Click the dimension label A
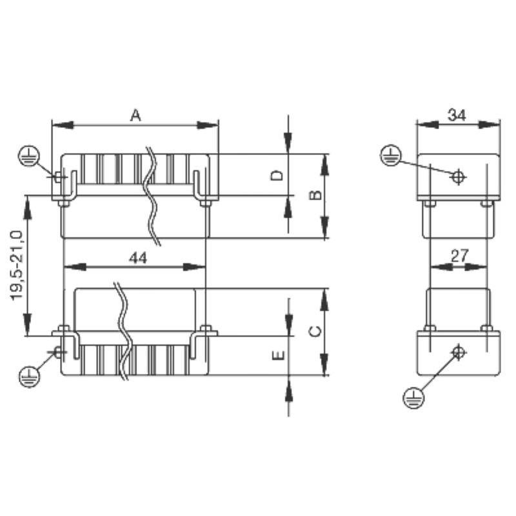tap(135, 115)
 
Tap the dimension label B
tap(315, 195)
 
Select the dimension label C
tap(315, 332)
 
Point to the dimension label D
tap(277, 175)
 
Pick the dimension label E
tap(279, 355)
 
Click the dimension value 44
tap(138, 258)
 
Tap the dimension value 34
tap(457, 115)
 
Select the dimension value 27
tap(459, 255)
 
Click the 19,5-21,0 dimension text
tap(17, 266)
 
